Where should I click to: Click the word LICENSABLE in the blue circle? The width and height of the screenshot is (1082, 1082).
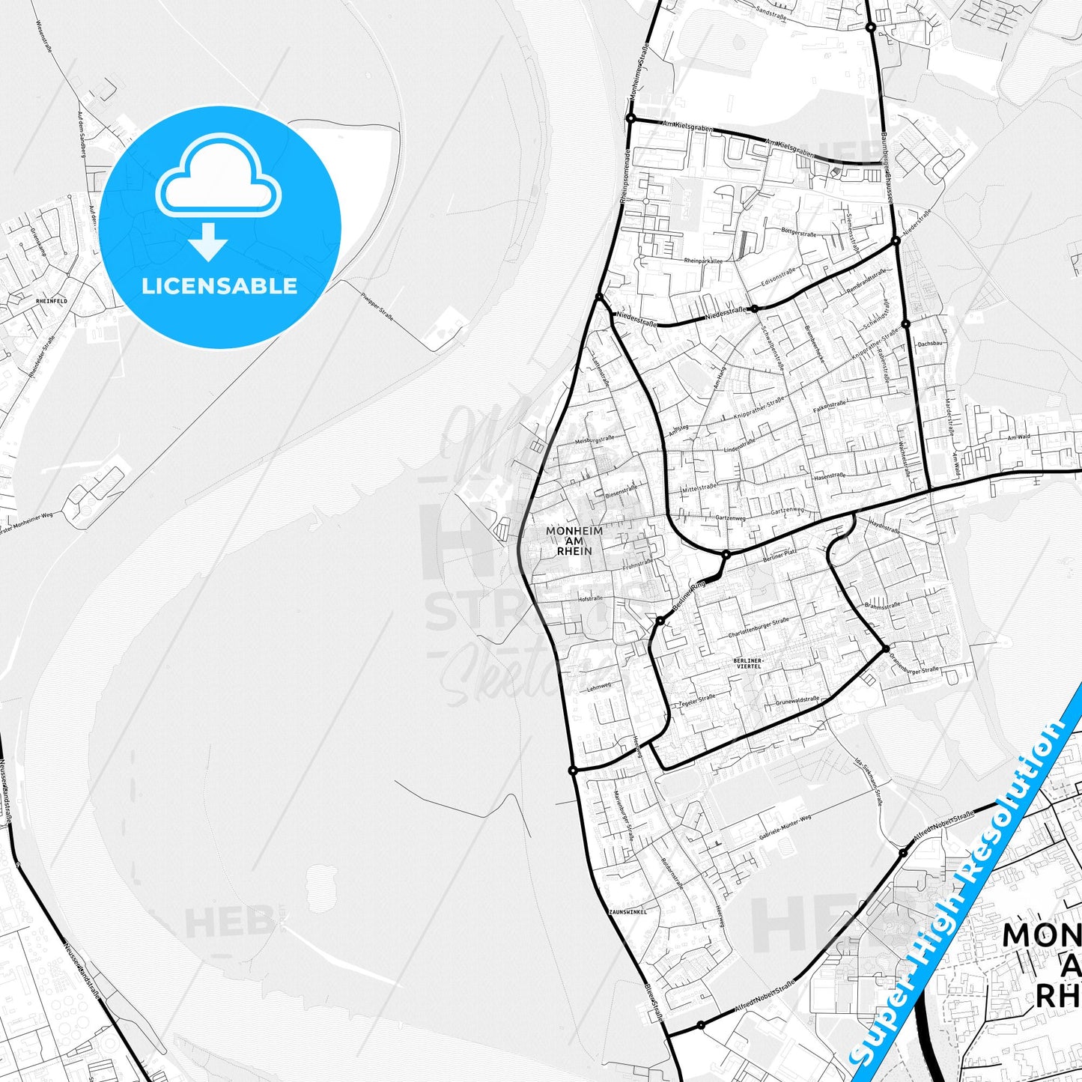pyautogui.click(x=219, y=286)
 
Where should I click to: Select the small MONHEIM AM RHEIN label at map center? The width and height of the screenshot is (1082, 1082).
pyautogui.click(x=574, y=541)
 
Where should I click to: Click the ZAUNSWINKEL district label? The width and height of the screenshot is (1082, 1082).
pyautogui.click(x=627, y=912)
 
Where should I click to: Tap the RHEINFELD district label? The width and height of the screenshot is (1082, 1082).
pyautogui.click(x=51, y=301)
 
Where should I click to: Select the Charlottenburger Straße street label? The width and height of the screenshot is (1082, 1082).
pyautogui.click(x=759, y=628)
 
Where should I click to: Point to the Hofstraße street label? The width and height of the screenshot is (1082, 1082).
pyautogui.click(x=591, y=598)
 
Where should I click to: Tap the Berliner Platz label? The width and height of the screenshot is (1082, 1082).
pyautogui.click(x=779, y=555)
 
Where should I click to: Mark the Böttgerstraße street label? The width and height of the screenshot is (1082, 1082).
pyautogui.click(x=798, y=233)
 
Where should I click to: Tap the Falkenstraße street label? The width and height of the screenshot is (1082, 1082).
pyautogui.click(x=829, y=408)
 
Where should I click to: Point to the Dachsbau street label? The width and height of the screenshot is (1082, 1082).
pyautogui.click(x=928, y=343)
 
